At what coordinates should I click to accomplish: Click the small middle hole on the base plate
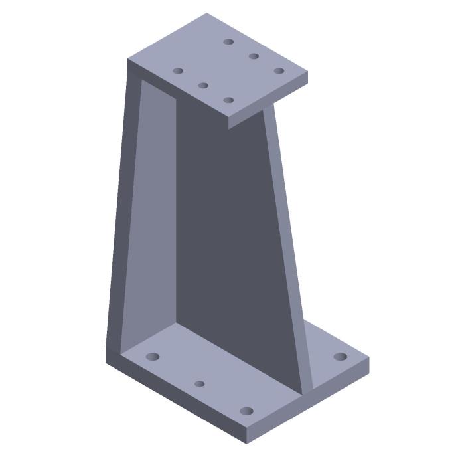pos(200,384)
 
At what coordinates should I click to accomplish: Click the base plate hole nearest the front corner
pos(246,411)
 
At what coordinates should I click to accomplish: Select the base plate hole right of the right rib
pos(340,357)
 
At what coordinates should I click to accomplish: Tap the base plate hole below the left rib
pos(153,357)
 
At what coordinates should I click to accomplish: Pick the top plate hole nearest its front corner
pos(228,100)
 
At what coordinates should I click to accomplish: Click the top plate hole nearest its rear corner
pos(228,42)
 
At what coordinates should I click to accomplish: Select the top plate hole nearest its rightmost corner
pos(279,70)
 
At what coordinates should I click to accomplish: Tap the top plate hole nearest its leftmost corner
pos(178,70)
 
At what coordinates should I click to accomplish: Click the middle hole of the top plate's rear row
pos(254,56)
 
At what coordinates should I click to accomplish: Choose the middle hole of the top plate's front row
pos(203,85)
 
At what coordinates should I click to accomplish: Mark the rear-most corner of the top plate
pos(206,13)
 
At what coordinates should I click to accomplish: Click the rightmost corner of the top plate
pos(307,72)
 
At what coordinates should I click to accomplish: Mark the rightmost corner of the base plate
pos(368,359)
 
